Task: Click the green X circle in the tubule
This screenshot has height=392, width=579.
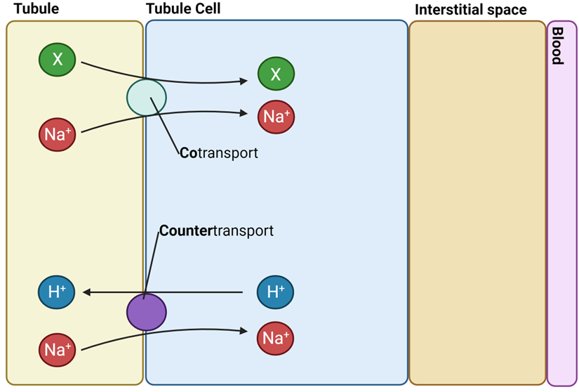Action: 58,60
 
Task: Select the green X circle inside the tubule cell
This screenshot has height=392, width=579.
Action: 276,74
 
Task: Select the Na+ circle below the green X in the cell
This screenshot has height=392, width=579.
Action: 276,117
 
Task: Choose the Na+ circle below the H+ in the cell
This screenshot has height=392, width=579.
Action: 276,339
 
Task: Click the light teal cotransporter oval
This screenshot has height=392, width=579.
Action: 147,98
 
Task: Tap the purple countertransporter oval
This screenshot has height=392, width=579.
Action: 147,312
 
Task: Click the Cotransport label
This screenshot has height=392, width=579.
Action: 218,152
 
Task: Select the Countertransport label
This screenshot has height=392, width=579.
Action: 216,230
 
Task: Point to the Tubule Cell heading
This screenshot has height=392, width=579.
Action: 183,9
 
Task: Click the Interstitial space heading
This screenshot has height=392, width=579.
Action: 470,10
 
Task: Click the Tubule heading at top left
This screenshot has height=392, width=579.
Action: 36,9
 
